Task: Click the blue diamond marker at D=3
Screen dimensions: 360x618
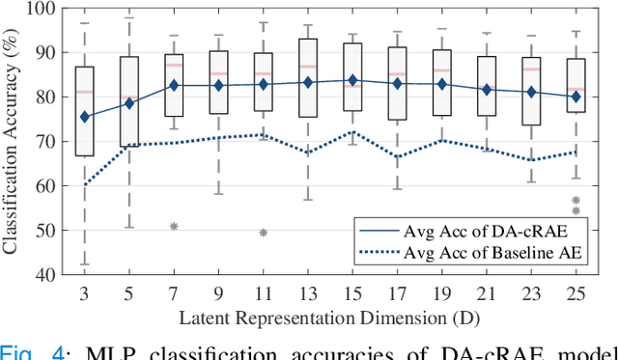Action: [85, 117]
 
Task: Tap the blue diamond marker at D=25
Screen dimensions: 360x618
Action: [576, 97]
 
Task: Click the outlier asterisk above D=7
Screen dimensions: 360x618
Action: [174, 226]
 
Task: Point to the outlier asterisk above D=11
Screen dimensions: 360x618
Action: [263, 233]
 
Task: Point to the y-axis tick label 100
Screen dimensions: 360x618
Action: [42, 9]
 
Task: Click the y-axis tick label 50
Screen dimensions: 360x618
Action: [46, 230]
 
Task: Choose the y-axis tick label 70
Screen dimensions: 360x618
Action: [46, 142]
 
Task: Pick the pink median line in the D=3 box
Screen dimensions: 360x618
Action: [85, 92]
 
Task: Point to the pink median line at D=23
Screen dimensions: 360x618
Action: [531, 69]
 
